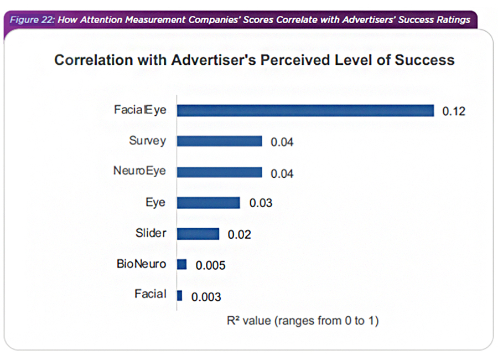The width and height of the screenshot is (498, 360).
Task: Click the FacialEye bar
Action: point(305,111)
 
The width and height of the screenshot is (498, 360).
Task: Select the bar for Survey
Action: point(219,141)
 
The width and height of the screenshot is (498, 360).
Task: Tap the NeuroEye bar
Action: point(219,172)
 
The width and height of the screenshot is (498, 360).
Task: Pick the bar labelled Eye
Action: point(208,203)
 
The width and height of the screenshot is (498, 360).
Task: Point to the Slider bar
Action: point(198,234)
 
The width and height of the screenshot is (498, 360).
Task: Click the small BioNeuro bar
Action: point(181,264)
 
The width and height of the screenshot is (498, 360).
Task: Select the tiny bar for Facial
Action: point(179,295)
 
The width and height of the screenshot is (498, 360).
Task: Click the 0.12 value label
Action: point(454,111)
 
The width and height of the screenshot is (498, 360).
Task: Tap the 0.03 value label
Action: point(261,203)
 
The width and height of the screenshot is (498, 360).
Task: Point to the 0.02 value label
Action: point(239,234)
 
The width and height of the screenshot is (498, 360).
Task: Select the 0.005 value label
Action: point(210,265)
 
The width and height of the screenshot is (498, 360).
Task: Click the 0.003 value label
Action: point(206,297)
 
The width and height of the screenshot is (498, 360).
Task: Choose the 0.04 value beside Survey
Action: point(282,142)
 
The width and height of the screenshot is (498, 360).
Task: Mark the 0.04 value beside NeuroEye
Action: point(282,173)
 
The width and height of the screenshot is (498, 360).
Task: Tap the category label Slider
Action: point(151,233)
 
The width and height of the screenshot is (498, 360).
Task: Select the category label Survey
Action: point(147,141)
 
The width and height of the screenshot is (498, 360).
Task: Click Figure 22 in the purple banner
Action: point(31,19)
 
